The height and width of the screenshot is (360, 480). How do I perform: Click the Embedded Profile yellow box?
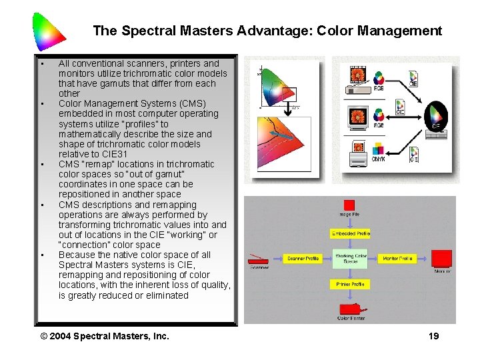point(350,233)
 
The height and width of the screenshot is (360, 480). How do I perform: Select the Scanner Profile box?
point(302,259)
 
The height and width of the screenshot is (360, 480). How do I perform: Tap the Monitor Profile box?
point(397,259)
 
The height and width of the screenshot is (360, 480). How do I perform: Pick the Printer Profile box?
point(350,284)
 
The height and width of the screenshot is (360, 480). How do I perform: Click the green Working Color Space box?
point(350,259)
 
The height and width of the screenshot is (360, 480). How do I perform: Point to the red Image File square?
point(349,205)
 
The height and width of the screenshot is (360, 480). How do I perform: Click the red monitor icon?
point(441,259)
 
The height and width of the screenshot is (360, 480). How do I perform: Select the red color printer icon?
point(351,309)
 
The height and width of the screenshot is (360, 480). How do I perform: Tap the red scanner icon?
point(259,260)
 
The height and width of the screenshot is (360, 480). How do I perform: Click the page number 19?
point(433,336)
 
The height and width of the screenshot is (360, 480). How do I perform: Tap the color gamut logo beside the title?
point(49,31)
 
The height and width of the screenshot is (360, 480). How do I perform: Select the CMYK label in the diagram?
point(377,159)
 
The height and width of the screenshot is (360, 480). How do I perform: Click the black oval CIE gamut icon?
point(436,116)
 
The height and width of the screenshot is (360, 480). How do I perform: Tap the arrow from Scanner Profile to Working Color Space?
point(327,259)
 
